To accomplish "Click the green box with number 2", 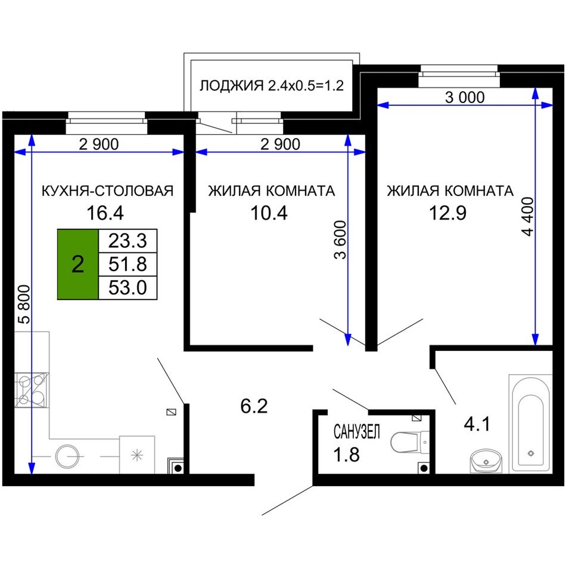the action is click(x=78, y=264).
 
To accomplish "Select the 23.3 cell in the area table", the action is click(x=127, y=241).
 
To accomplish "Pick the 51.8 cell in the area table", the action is click(x=127, y=264).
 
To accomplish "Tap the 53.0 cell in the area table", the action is click(x=127, y=288).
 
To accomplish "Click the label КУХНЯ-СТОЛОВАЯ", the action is click(x=108, y=191).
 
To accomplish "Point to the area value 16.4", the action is click(x=105, y=213).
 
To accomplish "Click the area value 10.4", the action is click(x=269, y=213).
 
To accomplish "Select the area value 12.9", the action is click(x=447, y=213).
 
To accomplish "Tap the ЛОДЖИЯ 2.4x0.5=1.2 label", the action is click(x=272, y=86).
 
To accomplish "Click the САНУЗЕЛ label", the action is click(x=357, y=432).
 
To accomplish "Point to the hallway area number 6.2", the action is click(x=254, y=406).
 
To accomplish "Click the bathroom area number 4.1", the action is click(x=477, y=424).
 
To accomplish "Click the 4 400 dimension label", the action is click(x=527, y=217).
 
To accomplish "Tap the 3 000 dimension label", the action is click(x=465, y=98).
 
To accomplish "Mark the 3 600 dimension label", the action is click(x=340, y=241).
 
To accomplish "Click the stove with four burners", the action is click(x=32, y=390).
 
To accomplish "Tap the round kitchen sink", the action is click(x=67, y=456).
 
